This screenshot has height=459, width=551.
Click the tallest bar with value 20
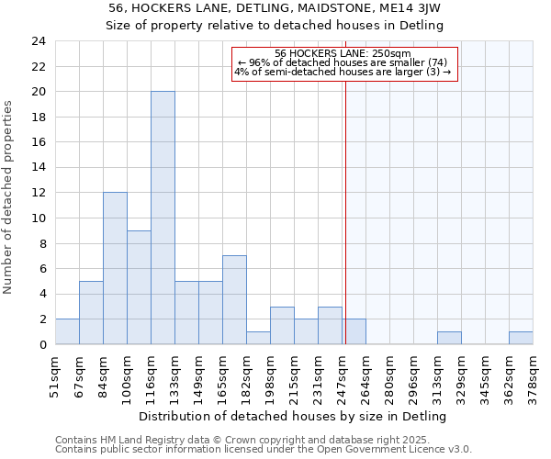pyautogui.click(x=163, y=218)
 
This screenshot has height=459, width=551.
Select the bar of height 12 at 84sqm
pyautogui.click(x=115, y=268)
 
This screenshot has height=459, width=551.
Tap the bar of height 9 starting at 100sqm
pyautogui.click(x=139, y=287)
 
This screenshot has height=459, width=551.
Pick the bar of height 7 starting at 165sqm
pyautogui.click(x=234, y=300)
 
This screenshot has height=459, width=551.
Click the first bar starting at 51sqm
pyautogui.click(x=67, y=331)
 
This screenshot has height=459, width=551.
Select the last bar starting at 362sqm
pyautogui.click(x=521, y=338)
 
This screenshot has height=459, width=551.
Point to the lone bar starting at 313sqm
pyautogui.click(x=449, y=338)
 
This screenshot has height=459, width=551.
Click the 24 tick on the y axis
pyautogui.click(x=39, y=41)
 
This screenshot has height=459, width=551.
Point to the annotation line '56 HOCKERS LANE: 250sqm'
pyautogui.click(x=343, y=53)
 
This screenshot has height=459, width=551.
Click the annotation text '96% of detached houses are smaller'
pyautogui.click(x=343, y=62)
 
